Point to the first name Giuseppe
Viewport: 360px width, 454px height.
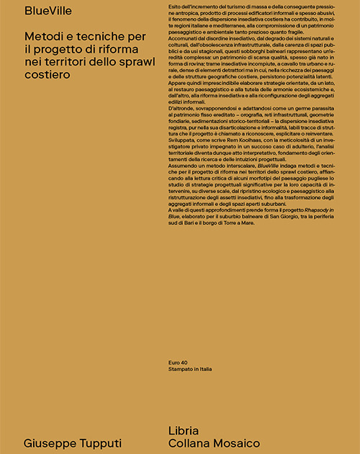pyautogui.click(x=51, y=442)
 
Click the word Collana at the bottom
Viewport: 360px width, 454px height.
pyautogui.click(x=188, y=442)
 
